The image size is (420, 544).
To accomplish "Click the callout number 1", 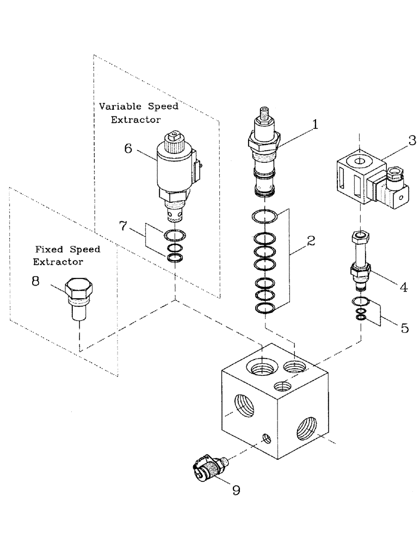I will click(314, 125).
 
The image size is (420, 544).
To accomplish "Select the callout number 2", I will click(311, 242).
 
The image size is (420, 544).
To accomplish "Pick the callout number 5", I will click(404, 328).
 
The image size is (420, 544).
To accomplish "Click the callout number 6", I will click(128, 148).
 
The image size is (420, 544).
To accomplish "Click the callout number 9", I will click(236, 490).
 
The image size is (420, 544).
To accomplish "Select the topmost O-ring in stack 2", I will click(265, 218).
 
